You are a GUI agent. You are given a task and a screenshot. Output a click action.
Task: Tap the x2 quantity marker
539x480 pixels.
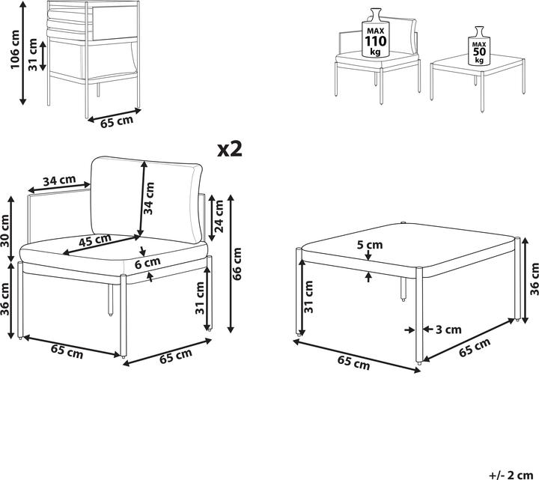pos(231,149)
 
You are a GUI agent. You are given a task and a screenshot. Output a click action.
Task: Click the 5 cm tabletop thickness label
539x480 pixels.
pos(369,245)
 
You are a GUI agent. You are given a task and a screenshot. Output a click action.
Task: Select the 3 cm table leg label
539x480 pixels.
pos(448,329)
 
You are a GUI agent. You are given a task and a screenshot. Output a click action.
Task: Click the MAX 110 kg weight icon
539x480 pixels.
pos(374,34)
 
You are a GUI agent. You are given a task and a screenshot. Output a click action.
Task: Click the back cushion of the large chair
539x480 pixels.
pos(146,201)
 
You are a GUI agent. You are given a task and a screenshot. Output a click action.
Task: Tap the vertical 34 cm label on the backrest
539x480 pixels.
pos(150,198)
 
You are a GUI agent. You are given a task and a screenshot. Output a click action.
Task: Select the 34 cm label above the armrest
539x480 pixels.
pos(58,181)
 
